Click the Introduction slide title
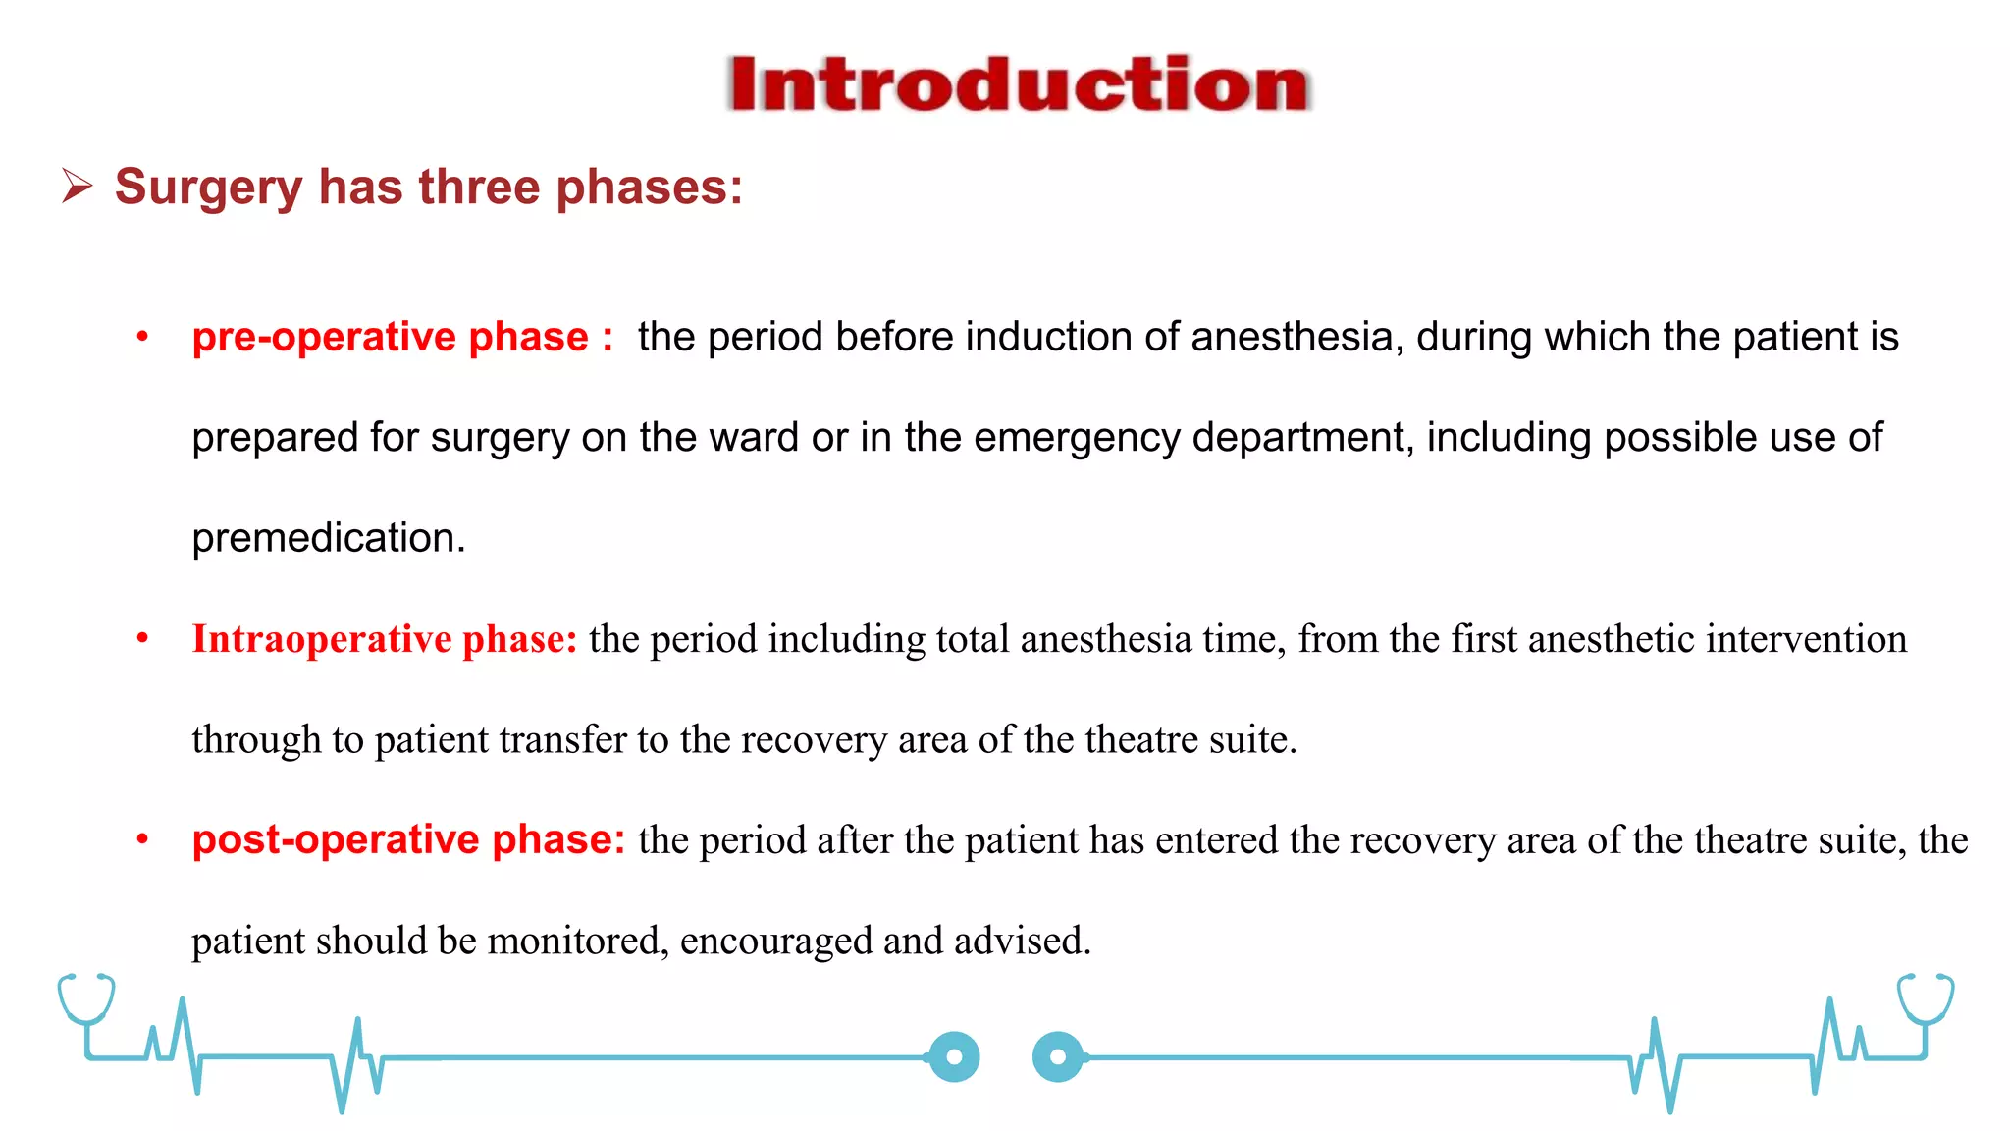pos(1019,84)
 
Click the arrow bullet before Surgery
pos(77,186)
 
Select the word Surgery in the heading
pos(208,188)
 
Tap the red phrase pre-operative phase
pos(390,337)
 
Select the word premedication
pos(328,539)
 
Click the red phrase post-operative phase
pos(407,840)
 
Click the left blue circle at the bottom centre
pos(954,1057)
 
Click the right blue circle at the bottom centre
pos(1058,1057)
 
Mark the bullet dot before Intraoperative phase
pos(142,639)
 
